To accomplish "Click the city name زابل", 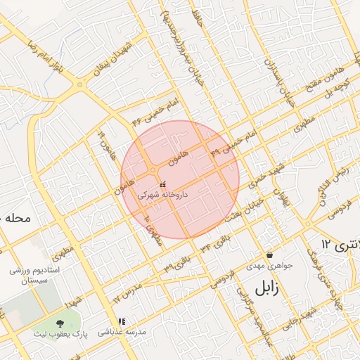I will [x=266, y=288].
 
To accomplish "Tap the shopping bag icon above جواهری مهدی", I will [x=269, y=255].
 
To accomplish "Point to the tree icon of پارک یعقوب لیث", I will [x=58, y=323].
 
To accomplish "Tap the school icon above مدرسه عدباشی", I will [x=121, y=321].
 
